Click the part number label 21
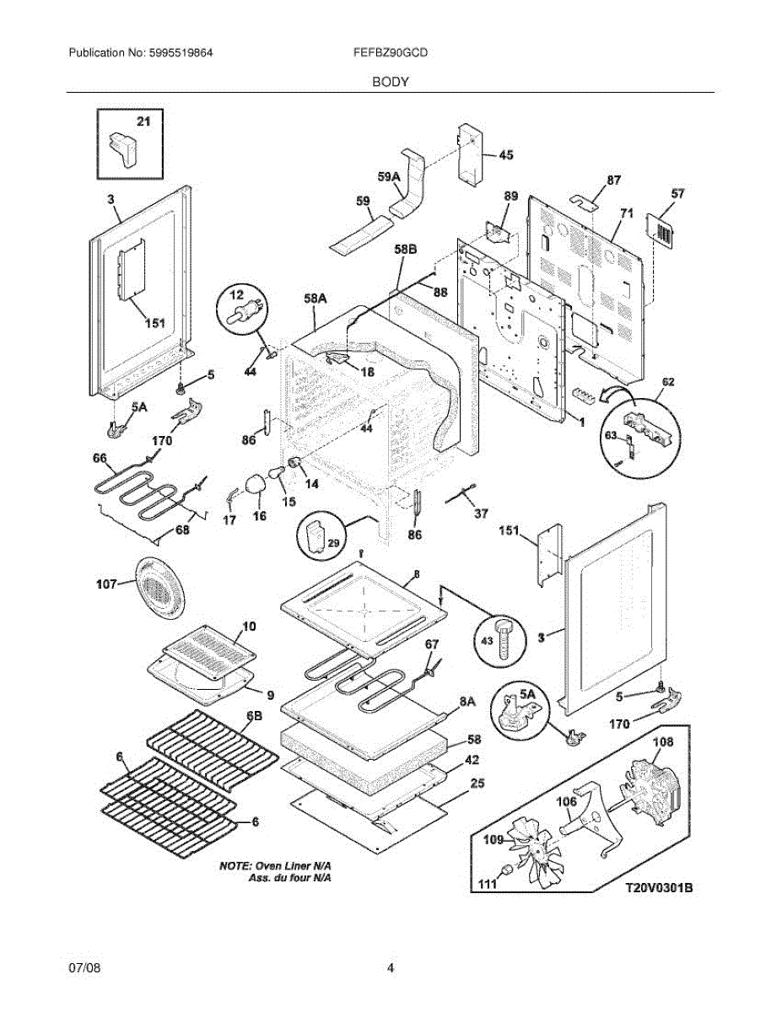click(x=143, y=122)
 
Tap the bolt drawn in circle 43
click(x=504, y=634)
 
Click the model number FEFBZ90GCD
click(x=391, y=52)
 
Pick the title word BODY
click(x=391, y=82)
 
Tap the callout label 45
click(x=505, y=154)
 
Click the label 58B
click(x=406, y=250)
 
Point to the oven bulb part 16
click(x=255, y=485)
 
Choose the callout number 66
click(x=100, y=458)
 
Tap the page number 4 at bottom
click(x=391, y=967)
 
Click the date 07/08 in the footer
click(x=84, y=967)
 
